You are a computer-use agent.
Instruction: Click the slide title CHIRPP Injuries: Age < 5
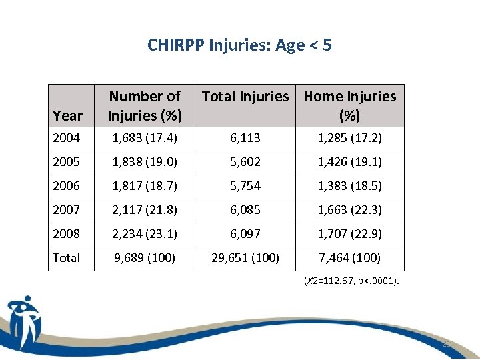239,45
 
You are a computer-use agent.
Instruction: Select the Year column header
67,115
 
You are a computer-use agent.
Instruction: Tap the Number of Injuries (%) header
145,106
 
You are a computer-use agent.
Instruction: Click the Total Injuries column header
245,97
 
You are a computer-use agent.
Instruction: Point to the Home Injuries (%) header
350,106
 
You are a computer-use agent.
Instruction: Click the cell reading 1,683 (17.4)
144,138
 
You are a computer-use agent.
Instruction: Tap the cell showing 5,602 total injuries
245,162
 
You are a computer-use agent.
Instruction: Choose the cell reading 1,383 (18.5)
350,186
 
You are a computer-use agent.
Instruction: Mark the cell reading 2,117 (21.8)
144,210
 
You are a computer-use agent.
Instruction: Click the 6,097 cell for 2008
245,234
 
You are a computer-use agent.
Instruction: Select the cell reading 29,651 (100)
245,258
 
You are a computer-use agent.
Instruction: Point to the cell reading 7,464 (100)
350,258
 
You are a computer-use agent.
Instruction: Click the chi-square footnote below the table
351,281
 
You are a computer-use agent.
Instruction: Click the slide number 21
445,344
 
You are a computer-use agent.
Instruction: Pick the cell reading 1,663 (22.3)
350,210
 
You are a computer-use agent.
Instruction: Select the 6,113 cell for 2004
245,138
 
